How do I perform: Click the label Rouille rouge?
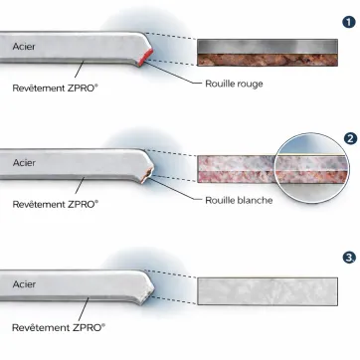point(233,86)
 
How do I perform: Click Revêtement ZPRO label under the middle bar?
point(56,204)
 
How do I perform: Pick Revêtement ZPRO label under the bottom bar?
point(56,296)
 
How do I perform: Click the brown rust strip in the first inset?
point(266,59)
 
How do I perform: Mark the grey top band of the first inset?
point(266,45)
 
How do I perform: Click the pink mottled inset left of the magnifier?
point(235,168)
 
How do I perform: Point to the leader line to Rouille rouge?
point(180,76)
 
